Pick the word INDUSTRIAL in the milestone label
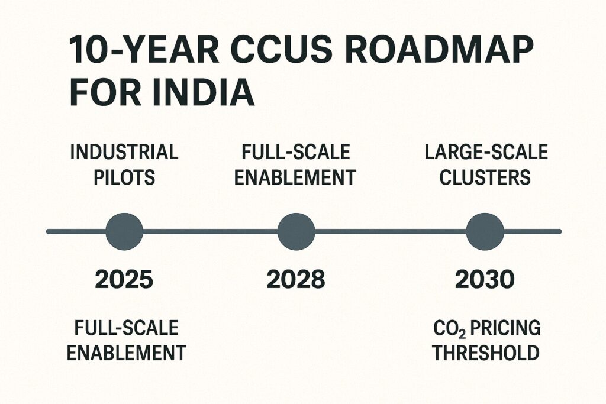click(124, 152)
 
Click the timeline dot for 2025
click(124, 231)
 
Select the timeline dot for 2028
click(296, 231)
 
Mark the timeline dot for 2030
click(485, 231)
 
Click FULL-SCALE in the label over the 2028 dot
click(296, 152)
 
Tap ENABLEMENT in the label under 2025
click(126, 353)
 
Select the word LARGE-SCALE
click(486, 152)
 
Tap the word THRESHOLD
click(486, 353)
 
